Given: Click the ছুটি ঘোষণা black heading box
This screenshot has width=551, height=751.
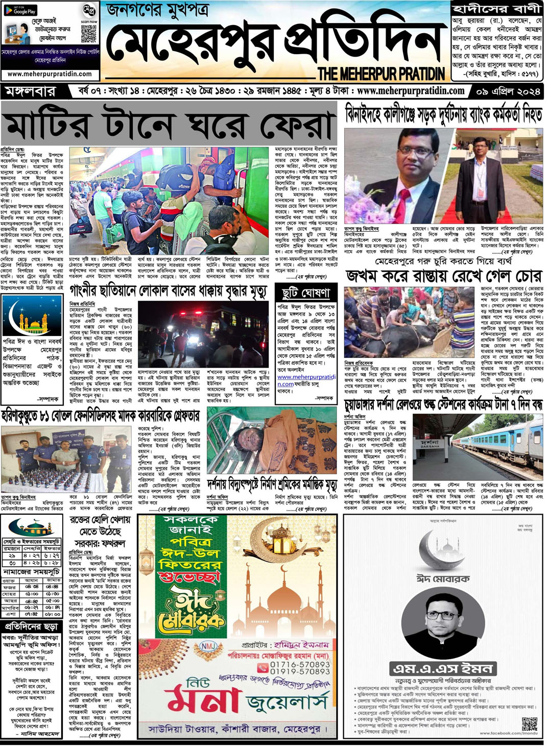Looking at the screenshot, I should [x=306, y=293].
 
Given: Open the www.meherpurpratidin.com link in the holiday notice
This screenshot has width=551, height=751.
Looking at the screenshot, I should [x=306, y=380].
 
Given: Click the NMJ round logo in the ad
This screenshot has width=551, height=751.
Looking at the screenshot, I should [x=208, y=647].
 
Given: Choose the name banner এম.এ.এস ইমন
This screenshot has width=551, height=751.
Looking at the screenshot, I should [x=442, y=669].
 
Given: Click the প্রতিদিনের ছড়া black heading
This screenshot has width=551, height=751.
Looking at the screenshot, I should [x=32, y=626].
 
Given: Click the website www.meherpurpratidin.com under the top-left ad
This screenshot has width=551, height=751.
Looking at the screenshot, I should [x=50, y=74].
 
